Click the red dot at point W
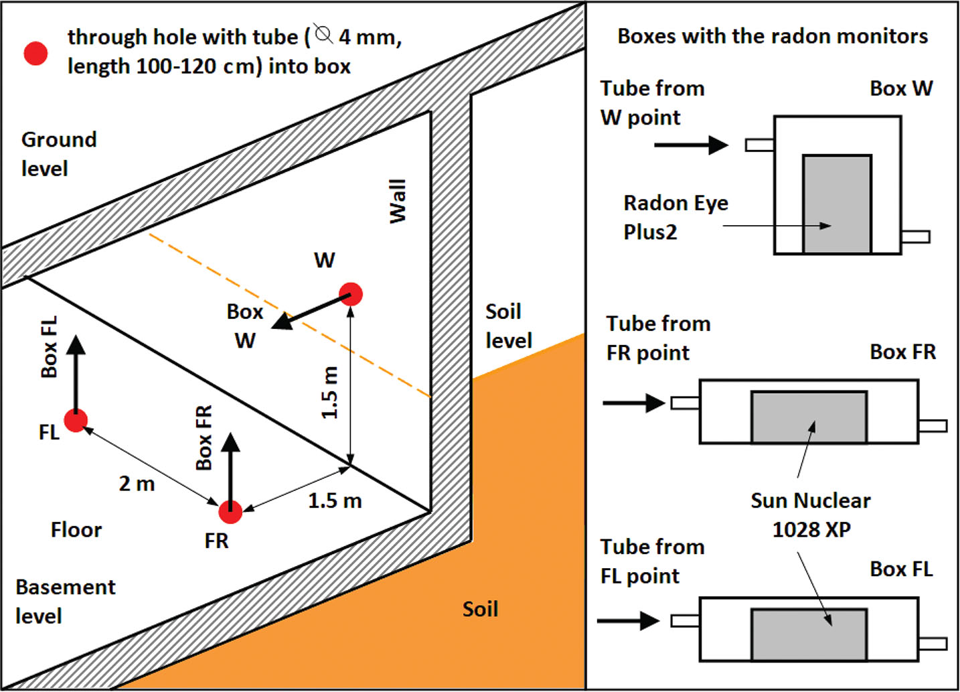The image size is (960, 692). pyautogui.click(x=351, y=294)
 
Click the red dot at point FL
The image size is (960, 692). pyautogui.click(x=76, y=421)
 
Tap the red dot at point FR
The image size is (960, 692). pyautogui.click(x=230, y=512)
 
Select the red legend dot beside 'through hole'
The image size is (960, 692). pyautogui.click(x=36, y=53)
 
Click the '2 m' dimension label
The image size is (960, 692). pyautogui.click(x=137, y=483)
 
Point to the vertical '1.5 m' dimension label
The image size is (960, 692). pyautogui.click(x=329, y=393)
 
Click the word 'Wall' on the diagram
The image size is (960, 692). pyautogui.click(x=398, y=200)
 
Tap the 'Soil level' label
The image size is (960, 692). pyautogui.click(x=508, y=326)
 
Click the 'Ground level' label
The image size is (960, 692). pyautogui.click(x=59, y=153)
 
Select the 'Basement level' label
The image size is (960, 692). pyautogui.click(x=65, y=601)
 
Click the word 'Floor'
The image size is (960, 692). pyautogui.click(x=76, y=530)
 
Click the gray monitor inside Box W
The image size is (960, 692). pyautogui.click(x=837, y=204)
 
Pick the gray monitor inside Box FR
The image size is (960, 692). pyautogui.click(x=809, y=417)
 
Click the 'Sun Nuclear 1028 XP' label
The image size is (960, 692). pyautogui.click(x=811, y=514)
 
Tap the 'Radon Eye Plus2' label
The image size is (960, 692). pyautogui.click(x=675, y=217)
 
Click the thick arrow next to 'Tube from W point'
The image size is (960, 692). pyautogui.click(x=691, y=144)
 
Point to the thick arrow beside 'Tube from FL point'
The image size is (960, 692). pyautogui.click(x=628, y=621)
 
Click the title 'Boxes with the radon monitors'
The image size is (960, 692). pyautogui.click(x=773, y=36)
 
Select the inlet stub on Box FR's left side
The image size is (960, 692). pyautogui.click(x=685, y=403)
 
